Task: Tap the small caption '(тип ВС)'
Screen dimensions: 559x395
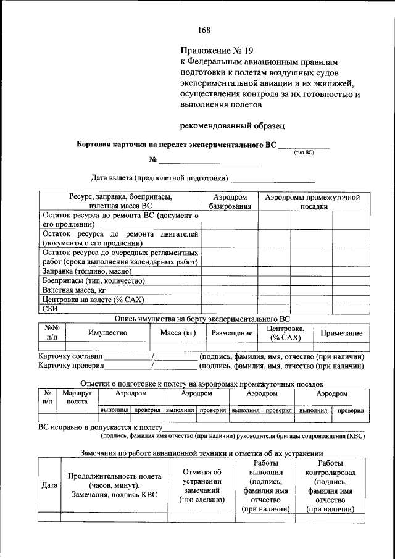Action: [x=304, y=152]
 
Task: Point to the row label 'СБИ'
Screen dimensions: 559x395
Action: [x=50, y=309]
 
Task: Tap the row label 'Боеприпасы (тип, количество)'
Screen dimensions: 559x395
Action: [x=93, y=280]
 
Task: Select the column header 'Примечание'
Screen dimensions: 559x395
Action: [x=341, y=333]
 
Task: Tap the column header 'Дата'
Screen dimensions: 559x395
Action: [x=49, y=485]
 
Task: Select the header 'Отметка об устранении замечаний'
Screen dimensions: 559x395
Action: [x=201, y=485]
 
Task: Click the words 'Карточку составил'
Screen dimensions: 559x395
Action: [x=70, y=356]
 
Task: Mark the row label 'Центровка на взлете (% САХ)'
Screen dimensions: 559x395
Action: [x=93, y=300]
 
